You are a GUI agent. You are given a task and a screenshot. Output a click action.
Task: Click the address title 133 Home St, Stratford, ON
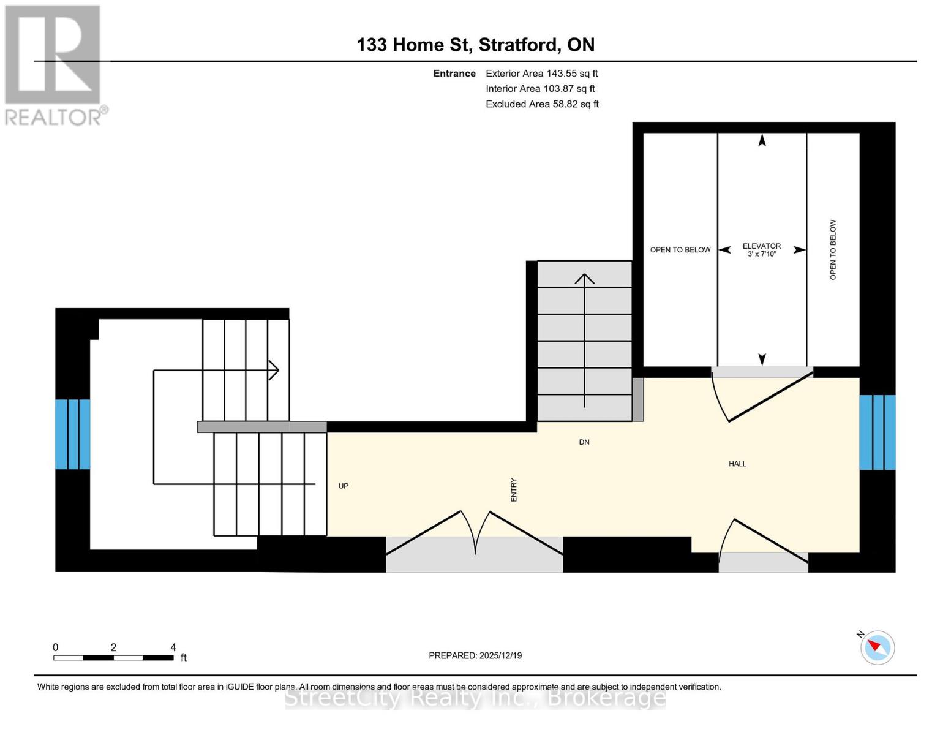[475, 45]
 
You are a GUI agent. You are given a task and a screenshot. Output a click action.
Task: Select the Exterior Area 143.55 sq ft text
[541, 73]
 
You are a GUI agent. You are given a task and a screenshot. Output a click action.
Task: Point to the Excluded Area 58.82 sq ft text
[542, 104]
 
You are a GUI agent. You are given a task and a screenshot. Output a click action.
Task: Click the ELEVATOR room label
[762, 246]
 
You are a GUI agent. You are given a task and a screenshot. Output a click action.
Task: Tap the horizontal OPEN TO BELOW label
[680, 250]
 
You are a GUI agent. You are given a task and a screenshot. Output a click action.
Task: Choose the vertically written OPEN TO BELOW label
[833, 250]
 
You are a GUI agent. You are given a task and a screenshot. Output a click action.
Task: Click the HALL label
[737, 464]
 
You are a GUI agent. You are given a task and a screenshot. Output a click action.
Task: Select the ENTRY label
[514, 490]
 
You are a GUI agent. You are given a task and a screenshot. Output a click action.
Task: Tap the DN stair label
[584, 442]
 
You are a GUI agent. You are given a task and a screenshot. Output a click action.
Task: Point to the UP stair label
[344, 486]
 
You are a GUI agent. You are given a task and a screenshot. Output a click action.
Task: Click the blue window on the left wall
[73, 434]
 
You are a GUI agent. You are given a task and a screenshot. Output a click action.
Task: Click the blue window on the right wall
[878, 432]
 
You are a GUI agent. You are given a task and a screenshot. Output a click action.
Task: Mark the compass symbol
[877, 647]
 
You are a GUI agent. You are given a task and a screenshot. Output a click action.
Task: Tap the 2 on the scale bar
[113, 647]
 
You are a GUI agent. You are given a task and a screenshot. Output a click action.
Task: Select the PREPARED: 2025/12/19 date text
[475, 655]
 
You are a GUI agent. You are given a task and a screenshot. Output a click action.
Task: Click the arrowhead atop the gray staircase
[585, 279]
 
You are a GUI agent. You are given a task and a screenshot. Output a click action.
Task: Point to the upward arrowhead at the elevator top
[762, 140]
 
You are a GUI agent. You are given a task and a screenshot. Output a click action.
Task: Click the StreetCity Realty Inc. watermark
[475, 698]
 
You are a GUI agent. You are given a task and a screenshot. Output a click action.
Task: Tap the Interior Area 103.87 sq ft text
[540, 89]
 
